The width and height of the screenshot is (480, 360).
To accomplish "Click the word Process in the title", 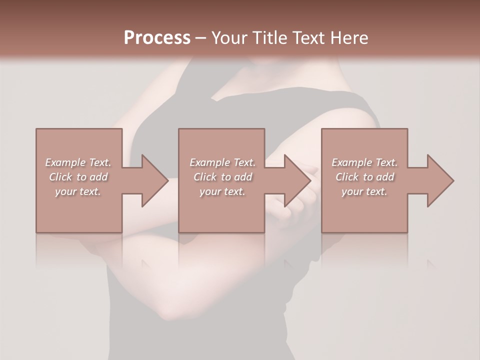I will pos(157,38).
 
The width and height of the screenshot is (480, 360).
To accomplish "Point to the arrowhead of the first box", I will pos(154,180).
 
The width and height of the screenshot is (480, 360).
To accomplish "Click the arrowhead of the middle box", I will pos(297,180).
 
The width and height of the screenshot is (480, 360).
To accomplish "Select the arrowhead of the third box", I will pos(439,180).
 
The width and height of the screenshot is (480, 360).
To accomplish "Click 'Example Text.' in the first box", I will pos(78,162).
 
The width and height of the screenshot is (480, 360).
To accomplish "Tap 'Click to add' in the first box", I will pos(78,177).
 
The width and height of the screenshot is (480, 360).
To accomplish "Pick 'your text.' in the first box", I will pos(78,191).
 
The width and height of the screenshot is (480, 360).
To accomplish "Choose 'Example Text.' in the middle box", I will pos(222,162).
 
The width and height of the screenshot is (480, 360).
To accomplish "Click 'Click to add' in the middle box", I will pos(222,177).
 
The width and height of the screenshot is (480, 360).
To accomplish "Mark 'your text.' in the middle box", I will pos(222,191).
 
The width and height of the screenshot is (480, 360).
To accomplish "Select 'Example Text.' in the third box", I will pos(364,162).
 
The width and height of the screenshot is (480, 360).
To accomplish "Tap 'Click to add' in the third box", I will pos(364,177).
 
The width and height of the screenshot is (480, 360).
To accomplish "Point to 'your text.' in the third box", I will pos(364,191).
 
